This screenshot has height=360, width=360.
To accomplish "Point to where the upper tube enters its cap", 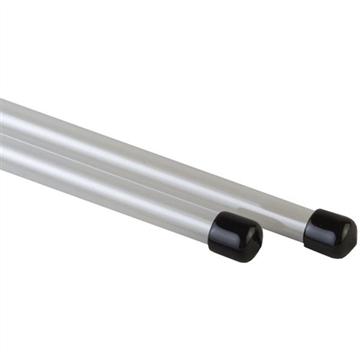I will pyautogui.click(x=309, y=223).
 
